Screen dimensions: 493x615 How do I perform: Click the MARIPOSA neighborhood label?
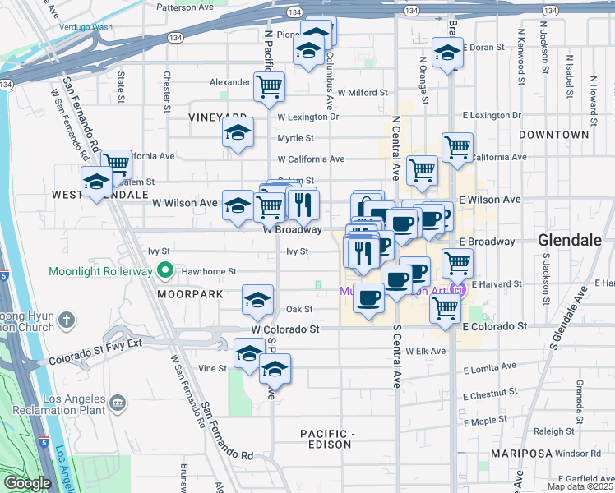click(x=522, y=454)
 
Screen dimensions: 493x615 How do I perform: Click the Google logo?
click(x=26, y=483)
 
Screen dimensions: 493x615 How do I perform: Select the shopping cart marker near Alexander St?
click(x=269, y=86)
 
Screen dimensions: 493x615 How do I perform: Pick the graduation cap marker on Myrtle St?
click(x=238, y=132)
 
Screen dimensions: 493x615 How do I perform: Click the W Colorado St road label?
click(x=285, y=329)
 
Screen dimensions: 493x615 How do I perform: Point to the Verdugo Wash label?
click(x=86, y=27)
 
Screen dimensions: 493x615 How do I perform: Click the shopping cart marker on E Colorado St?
click(x=445, y=309)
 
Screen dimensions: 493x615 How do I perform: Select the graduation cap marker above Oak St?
click(x=257, y=301)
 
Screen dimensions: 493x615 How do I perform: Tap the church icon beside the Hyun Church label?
click(x=67, y=319)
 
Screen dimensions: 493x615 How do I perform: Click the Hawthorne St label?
click(x=209, y=270)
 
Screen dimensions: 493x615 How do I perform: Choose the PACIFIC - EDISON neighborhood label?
click(x=326, y=439)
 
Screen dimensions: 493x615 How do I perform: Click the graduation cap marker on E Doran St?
click(x=448, y=53)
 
